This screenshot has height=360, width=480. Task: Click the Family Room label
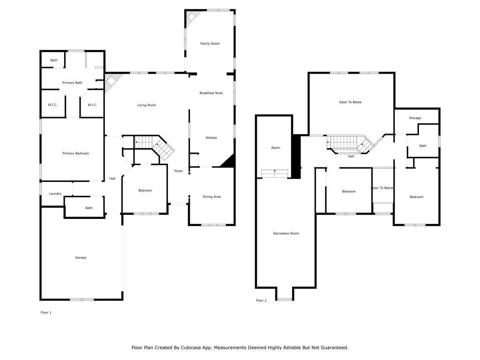(x=210, y=44)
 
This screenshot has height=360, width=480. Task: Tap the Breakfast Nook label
(x=211, y=93)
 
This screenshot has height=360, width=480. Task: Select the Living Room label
(x=147, y=105)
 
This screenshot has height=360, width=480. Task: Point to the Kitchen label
(x=211, y=138)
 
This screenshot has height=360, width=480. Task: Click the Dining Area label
(x=211, y=196)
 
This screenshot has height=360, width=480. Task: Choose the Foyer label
(x=179, y=171)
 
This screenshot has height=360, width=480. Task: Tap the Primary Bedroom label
(x=75, y=153)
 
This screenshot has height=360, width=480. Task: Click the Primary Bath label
(x=72, y=82)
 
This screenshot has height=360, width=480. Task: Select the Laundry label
(x=55, y=194)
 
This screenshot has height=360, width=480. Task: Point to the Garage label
(x=81, y=258)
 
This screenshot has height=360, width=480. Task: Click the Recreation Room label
(x=286, y=233)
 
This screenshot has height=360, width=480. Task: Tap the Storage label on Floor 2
(x=415, y=118)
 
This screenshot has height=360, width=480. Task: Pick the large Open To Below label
(x=350, y=102)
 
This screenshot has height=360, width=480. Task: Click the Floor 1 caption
(x=46, y=313)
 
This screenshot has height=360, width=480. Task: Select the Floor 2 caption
(x=262, y=300)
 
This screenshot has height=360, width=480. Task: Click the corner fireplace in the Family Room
(x=192, y=17)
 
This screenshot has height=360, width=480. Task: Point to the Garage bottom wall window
(x=82, y=300)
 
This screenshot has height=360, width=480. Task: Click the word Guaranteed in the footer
(x=333, y=348)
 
